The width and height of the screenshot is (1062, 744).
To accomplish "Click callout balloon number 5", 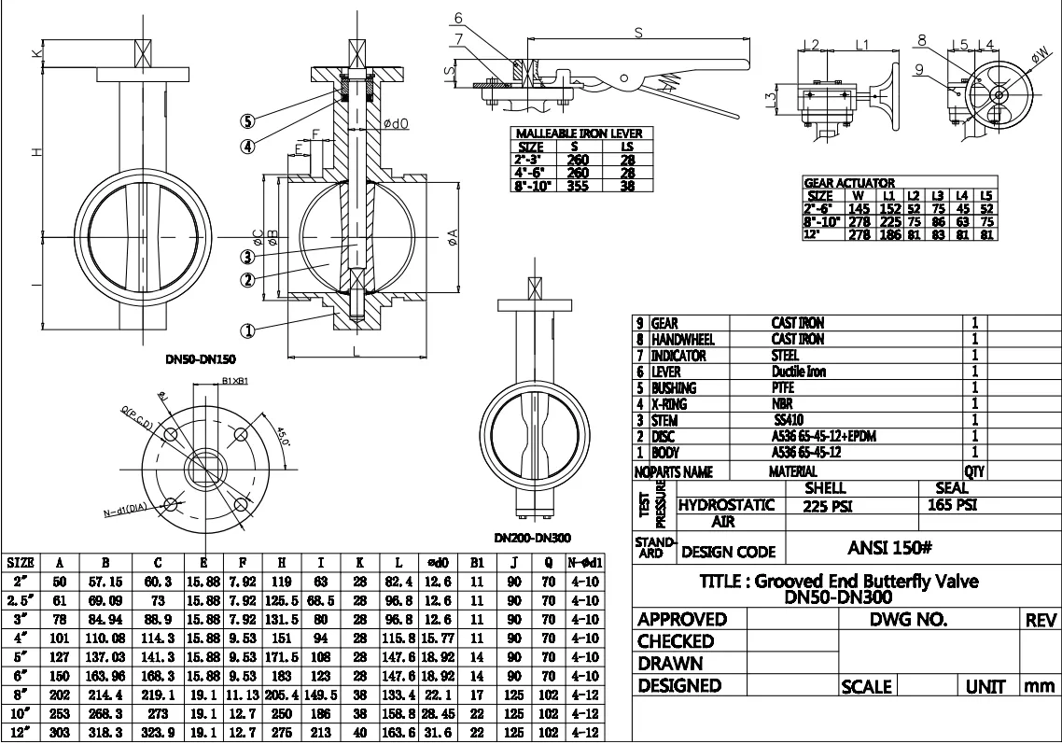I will click(x=247, y=121).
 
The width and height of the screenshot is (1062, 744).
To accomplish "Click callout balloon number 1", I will click(x=247, y=330).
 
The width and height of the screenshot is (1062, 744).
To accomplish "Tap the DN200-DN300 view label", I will click(x=533, y=538).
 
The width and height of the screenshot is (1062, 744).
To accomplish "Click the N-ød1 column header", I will click(x=583, y=563).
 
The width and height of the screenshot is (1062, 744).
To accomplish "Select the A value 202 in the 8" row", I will click(x=60, y=695).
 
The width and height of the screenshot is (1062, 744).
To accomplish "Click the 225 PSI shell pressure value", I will click(x=826, y=506).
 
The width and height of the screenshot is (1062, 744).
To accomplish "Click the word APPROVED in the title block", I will click(x=681, y=620).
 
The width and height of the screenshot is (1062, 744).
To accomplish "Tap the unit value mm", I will click(x=1039, y=686).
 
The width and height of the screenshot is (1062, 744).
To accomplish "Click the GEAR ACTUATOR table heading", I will click(x=849, y=183).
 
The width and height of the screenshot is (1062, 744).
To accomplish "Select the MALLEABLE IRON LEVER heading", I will click(x=580, y=133).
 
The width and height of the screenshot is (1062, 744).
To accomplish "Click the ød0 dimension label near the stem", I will click(x=396, y=123).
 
